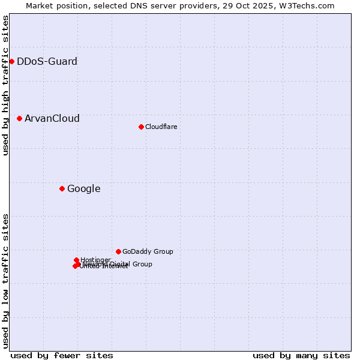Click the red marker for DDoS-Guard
[x=11, y=61]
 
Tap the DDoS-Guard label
[x=47, y=61]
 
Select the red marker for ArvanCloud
[x=19, y=118]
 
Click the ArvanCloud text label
[x=52, y=118]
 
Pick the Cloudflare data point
[x=141, y=127]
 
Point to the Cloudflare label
[x=161, y=127]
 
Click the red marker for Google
[x=62, y=188]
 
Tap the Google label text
[x=83, y=188]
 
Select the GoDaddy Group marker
[x=118, y=251]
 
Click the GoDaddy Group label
[x=148, y=251]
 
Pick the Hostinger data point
[x=76, y=260]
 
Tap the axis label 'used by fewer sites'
[x=62, y=355]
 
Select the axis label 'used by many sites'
[x=301, y=355]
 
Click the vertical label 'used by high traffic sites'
[x=5, y=85]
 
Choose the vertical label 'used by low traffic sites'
[x=5, y=281]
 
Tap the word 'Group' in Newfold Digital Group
[x=142, y=264]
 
